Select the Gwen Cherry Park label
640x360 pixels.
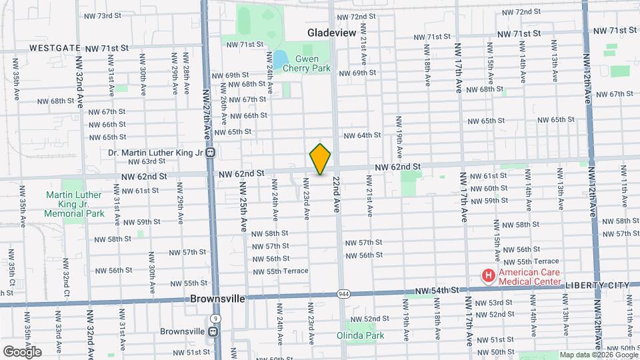306,63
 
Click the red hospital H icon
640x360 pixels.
489,275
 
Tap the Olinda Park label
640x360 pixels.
361,335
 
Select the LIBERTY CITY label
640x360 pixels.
597,285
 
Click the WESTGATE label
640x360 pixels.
55,49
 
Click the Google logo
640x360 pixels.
21,351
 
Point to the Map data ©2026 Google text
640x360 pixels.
598,355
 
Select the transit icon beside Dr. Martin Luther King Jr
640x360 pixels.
210,153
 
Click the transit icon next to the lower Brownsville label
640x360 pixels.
213,331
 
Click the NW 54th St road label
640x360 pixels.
437,291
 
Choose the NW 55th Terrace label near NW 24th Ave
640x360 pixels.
280,271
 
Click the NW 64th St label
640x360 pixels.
362,135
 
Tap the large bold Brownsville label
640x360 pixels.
217,299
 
